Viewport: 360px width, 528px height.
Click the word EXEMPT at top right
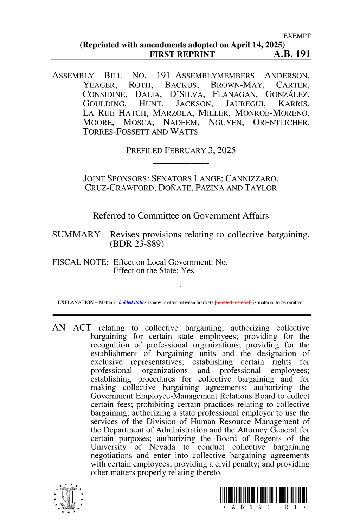click(x=297, y=36)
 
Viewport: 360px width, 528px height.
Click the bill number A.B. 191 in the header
click(x=292, y=54)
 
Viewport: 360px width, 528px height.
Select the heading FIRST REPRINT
click(x=182, y=54)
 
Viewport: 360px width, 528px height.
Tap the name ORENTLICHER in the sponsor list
click(x=281, y=122)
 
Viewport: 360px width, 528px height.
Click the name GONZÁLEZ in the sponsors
click(x=287, y=94)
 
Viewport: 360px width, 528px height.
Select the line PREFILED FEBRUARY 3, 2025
click(x=181, y=150)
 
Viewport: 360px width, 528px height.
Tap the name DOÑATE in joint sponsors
click(x=175, y=188)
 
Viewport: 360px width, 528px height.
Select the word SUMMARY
click(x=76, y=234)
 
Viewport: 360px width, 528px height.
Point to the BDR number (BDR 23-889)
click(x=137, y=244)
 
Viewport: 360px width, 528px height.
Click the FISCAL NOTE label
click(x=80, y=262)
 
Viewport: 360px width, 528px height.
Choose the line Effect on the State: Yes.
click(x=155, y=270)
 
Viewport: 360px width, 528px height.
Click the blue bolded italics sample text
click(x=133, y=302)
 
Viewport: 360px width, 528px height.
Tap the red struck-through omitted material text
click(x=233, y=302)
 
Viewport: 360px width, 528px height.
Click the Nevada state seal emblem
click(x=69, y=498)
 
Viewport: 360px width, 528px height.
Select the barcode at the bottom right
click(x=264, y=495)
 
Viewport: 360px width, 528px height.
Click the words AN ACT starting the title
click(x=72, y=328)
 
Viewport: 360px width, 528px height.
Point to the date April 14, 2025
click(x=256, y=45)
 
